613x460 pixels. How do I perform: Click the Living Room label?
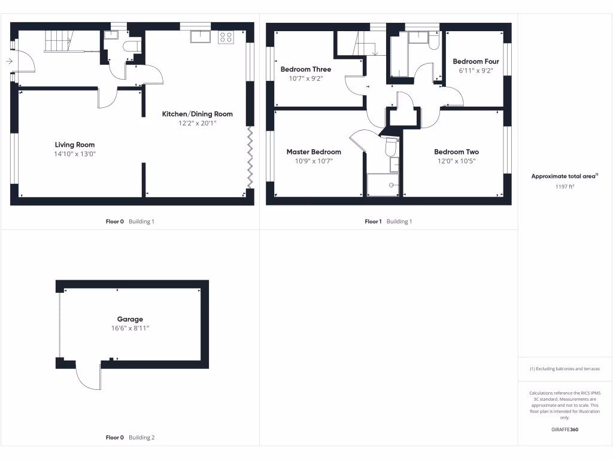pyautogui.click(x=75, y=144)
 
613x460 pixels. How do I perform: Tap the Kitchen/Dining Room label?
pyautogui.click(x=198, y=114)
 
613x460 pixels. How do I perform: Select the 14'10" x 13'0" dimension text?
pyautogui.click(x=75, y=154)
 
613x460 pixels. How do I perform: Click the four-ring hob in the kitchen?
pyautogui.click(x=226, y=37)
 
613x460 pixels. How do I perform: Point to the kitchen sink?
pyautogui.click(x=200, y=37)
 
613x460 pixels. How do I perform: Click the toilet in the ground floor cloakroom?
pyautogui.click(x=131, y=47)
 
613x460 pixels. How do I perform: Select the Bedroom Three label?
pyautogui.click(x=306, y=69)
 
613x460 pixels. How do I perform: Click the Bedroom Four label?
pyautogui.click(x=476, y=61)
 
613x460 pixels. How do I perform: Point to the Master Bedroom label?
pyautogui.click(x=314, y=152)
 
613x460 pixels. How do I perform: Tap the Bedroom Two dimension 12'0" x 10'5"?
pyautogui.click(x=456, y=161)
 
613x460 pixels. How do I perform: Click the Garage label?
pyautogui.click(x=130, y=319)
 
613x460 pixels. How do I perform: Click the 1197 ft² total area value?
pyautogui.click(x=565, y=187)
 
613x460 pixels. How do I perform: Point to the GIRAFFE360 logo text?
pyautogui.click(x=565, y=429)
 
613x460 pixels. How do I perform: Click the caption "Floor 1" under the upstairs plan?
pyautogui.click(x=373, y=222)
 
